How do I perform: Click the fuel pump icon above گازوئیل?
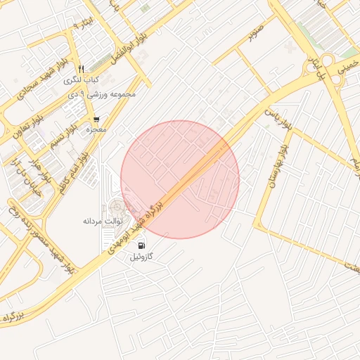point(142,245)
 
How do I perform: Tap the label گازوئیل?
point(142,257)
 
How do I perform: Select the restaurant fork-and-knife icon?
point(81,69)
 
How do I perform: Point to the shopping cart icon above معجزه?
point(96,120)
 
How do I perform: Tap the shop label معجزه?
point(96,130)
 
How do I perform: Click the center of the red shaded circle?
point(180,179)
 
